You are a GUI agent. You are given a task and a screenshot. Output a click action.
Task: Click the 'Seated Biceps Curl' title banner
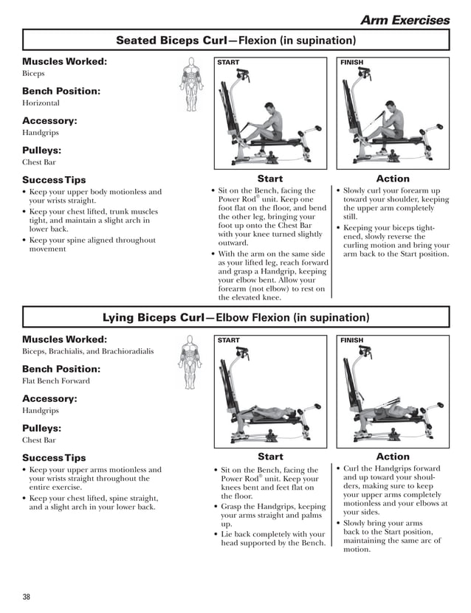click(x=235, y=41)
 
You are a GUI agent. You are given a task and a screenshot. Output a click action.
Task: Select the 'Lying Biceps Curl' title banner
click(x=235, y=318)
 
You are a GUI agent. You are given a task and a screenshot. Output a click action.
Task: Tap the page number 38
click(x=27, y=596)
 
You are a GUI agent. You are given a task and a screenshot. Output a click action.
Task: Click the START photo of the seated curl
click(x=269, y=114)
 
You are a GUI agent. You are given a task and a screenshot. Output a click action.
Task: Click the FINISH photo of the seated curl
click(x=393, y=114)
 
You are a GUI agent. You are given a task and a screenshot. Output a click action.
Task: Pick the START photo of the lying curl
click(x=269, y=392)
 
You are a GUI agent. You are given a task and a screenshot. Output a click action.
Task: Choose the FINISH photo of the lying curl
click(x=393, y=392)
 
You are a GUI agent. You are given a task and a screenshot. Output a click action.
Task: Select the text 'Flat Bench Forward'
click(x=56, y=381)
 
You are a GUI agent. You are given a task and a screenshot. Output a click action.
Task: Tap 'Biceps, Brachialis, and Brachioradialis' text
click(x=88, y=351)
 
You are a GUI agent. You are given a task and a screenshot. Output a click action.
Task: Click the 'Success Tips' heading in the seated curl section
click(x=54, y=180)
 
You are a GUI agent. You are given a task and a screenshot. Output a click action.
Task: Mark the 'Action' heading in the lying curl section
click(x=393, y=457)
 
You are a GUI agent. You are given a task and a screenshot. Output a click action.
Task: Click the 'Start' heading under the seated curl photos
click(x=270, y=179)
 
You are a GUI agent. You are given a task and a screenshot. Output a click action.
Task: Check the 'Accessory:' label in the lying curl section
click(x=49, y=398)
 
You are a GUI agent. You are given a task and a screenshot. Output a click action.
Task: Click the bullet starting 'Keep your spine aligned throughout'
click(x=92, y=244)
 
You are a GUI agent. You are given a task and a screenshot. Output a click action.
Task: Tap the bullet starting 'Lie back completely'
click(x=272, y=538)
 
